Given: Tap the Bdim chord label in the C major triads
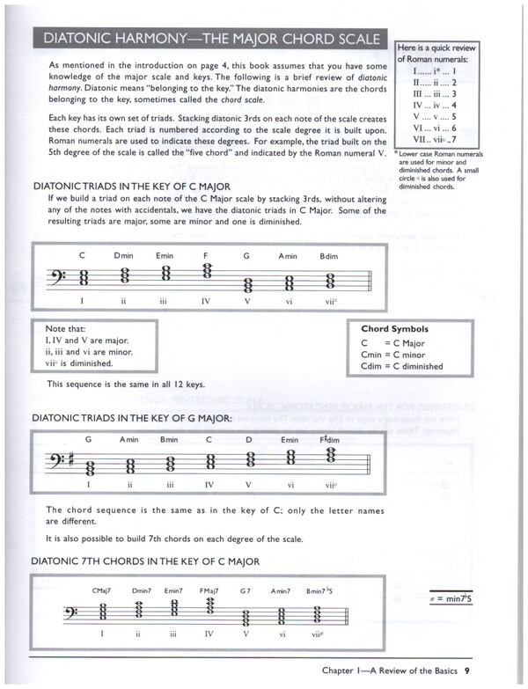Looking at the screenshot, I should tap(328, 255).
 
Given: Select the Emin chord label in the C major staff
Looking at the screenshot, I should tap(165, 255).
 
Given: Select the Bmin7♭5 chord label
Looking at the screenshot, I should tap(328, 591).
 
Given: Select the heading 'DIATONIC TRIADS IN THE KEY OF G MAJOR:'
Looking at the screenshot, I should tap(132, 419).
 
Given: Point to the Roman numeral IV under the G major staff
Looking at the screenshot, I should tap(209, 483).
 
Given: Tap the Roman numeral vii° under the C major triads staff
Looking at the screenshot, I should tap(330, 299).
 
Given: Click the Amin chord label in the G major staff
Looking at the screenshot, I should tap(128, 439).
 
